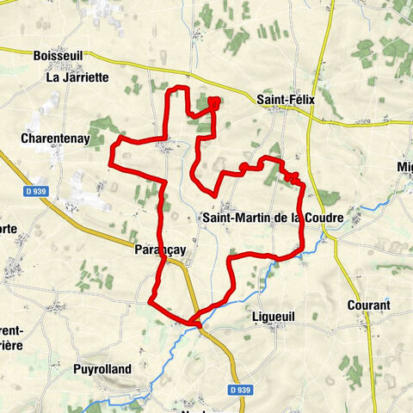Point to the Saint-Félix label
click(286, 100)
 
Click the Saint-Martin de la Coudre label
click(271, 219)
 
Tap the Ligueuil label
click(273, 317)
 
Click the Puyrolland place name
click(102, 370)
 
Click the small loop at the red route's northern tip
click(213, 104)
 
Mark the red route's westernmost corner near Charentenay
click(110, 161)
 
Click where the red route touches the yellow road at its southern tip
click(197, 324)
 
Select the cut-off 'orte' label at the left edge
click(9, 229)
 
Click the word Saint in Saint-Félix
click(271, 100)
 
